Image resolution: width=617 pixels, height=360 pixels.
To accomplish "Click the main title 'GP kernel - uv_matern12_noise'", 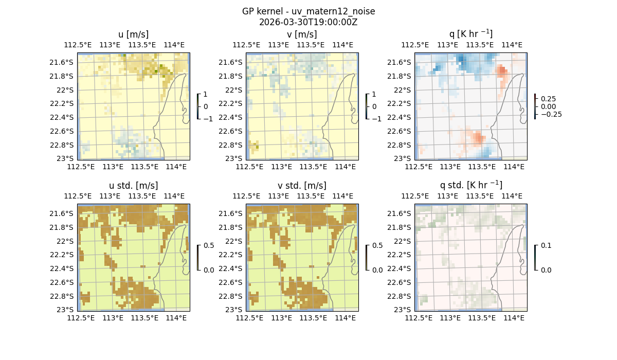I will (x=308, y=11).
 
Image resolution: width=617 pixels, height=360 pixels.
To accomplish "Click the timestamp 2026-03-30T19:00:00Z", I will (x=308, y=22).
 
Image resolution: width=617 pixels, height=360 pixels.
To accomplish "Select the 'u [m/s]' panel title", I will (x=133, y=34).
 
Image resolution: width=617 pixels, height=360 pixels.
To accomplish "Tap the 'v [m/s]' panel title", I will (x=302, y=34).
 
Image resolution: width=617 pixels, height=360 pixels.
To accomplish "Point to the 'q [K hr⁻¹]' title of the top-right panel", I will (x=470, y=34).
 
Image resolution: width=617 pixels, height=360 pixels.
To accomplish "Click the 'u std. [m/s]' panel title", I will (x=133, y=185).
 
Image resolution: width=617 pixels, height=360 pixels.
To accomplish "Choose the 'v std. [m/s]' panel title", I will (x=302, y=185).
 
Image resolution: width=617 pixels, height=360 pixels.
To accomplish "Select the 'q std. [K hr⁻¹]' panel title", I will (x=470, y=185).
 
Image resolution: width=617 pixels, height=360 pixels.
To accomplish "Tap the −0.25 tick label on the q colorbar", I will (x=550, y=114).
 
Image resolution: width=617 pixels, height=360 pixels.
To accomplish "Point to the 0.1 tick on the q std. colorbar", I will (x=546, y=245).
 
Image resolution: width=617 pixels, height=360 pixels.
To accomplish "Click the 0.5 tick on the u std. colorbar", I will (x=209, y=245).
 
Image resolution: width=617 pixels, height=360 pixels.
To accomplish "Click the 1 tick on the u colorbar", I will (x=206, y=94).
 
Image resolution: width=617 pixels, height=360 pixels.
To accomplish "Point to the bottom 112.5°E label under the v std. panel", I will (x=249, y=318).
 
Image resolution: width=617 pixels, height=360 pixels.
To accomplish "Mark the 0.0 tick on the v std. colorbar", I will (x=377, y=269).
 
